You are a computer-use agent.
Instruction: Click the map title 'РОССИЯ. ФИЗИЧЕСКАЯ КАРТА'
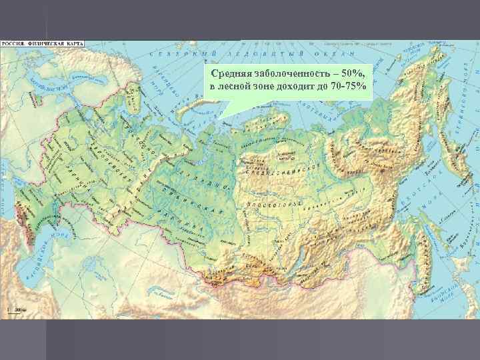[42, 43]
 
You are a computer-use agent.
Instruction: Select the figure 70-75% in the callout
[348, 87]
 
